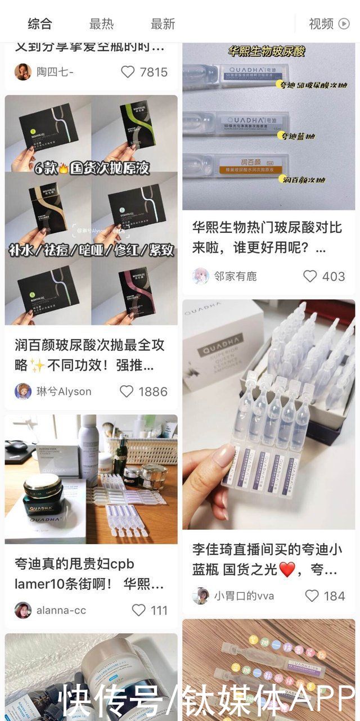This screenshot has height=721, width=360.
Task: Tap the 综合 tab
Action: tap(40, 24)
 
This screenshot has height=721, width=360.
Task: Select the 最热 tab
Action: tap(101, 24)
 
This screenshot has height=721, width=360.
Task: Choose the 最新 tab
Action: tap(163, 24)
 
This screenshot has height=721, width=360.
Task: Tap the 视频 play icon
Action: tap(344, 24)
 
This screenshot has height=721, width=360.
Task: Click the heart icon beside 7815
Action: tap(128, 72)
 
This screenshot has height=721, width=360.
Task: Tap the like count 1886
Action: tap(153, 391)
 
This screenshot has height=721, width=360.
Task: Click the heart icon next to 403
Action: tap(310, 276)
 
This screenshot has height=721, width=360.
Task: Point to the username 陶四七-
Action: tap(55, 72)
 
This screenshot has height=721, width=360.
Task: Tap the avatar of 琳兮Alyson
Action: tap(23, 391)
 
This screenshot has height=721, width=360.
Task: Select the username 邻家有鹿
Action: tap(235, 276)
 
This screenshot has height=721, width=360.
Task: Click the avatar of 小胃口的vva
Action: tap(200, 596)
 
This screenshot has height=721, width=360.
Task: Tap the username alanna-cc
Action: tap(61, 610)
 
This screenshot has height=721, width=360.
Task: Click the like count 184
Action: tap(334, 596)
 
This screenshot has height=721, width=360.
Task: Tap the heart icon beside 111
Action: tap(138, 610)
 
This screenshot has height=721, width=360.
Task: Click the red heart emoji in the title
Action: tap(287, 570)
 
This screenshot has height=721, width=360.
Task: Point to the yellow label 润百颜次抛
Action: tap(302, 180)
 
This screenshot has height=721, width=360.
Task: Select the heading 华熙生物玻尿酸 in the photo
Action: tap(266, 52)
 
